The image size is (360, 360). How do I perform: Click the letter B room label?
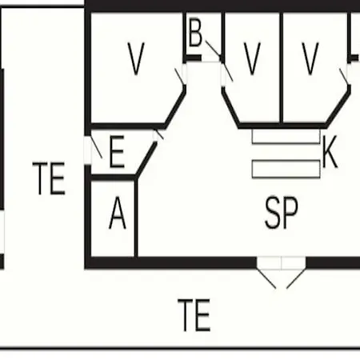coord(195,33)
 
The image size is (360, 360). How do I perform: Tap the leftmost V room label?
coord(136,58)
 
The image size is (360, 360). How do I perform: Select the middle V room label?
coord(252,58)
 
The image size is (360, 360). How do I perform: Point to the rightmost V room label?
coord(310,58)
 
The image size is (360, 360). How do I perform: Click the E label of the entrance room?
coord(117,151)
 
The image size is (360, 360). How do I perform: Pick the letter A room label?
coord(118,213)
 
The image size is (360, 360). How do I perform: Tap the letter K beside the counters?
coord(330,151)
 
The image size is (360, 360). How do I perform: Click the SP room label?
coord(282,213)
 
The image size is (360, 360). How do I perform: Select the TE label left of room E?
coord(49,178)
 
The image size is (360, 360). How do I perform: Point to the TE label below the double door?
coord(194,315)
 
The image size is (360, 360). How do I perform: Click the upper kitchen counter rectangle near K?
coord(286,137)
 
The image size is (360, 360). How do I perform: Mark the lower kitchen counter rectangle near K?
coord(286,169)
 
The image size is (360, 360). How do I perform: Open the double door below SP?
coord(282,273)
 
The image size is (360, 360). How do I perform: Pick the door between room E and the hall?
coord(158,135)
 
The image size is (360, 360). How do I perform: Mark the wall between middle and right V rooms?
coord(282,68)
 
